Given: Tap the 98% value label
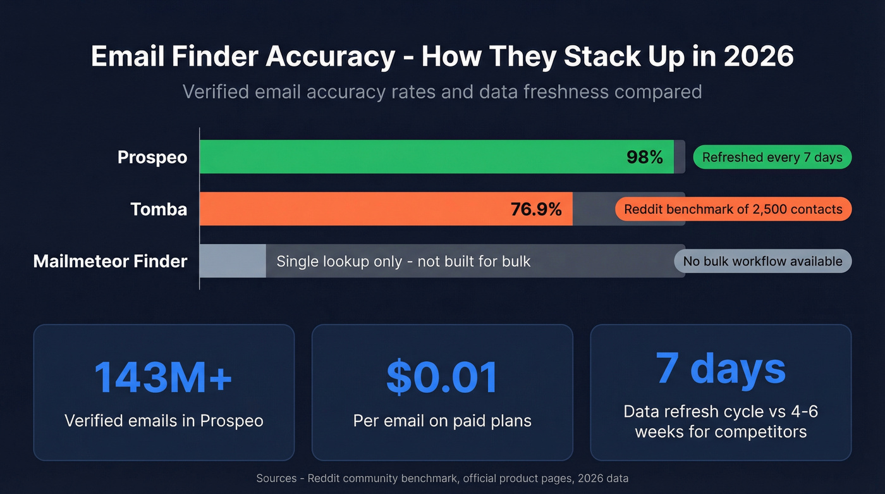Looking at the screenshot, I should (x=645, y=157).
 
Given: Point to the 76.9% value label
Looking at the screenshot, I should (x=536, y=209).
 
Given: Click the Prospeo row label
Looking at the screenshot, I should (x=152, y=157).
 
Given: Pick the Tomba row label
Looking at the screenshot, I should (x=159, y=209).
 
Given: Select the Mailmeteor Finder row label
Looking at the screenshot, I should (x=110, y=261).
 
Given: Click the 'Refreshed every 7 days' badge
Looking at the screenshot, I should (x=772, y=157).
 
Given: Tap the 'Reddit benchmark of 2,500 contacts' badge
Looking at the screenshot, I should (x=733, y=209).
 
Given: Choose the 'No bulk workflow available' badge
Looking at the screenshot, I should (x=762, y=261).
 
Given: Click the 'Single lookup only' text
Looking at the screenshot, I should (x=403, y=261).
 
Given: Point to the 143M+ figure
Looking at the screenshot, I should (x=164, y=377).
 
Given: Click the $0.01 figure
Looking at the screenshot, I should (x=442, y=377).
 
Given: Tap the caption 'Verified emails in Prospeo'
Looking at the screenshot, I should (x=164, y=421).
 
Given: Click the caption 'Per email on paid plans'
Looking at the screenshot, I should (x=442, y=421).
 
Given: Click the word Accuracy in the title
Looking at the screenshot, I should (x=330, y=57).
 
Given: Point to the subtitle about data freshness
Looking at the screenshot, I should (x=442, y=92).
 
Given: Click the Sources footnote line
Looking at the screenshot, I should (x=442, y=478).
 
